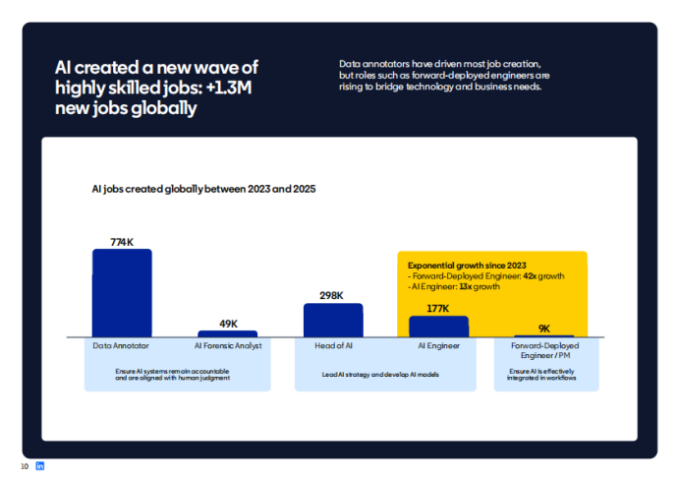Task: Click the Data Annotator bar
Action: (x=122, y=293)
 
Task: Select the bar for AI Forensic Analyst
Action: (x=227, y=333)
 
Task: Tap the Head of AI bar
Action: (x=333, y=320)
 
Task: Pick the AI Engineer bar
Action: (x=438, y=327)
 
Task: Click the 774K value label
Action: (x=122, y=241)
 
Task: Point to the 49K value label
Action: (x=228, y=324)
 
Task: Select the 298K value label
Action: (x=332, y=295)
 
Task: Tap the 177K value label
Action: (x=438, y=308)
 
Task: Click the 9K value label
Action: (x=544, y=329)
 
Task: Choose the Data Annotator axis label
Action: (x=122, y=346)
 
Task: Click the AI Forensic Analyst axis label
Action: (x=227, y=346)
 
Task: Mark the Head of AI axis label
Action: (x=333, y=346)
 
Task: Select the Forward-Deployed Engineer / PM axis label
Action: (x=543, y=350)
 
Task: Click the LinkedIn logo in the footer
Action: (x=40, y=465)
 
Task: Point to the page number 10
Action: (x=25, y=465)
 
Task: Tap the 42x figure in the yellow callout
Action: (x=530, y=276)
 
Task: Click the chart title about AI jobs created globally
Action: (x=203, y=187)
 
